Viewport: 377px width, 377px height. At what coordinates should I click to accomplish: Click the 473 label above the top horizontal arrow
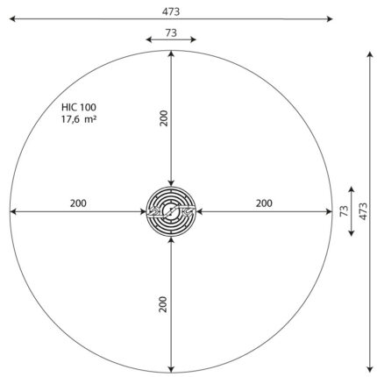171,11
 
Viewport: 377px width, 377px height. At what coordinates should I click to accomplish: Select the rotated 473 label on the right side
363,211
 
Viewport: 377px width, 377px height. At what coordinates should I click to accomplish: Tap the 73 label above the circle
171,32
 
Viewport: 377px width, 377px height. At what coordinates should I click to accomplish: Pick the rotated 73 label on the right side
345,211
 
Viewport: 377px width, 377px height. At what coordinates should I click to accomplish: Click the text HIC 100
79,107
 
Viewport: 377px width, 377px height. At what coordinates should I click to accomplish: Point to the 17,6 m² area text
79,119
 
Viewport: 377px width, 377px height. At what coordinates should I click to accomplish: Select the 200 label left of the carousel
78,203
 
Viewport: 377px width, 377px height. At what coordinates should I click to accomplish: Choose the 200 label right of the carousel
264,203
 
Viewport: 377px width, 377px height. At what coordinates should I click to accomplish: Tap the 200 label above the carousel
164,118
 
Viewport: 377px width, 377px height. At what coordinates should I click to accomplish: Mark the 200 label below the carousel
163,304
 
